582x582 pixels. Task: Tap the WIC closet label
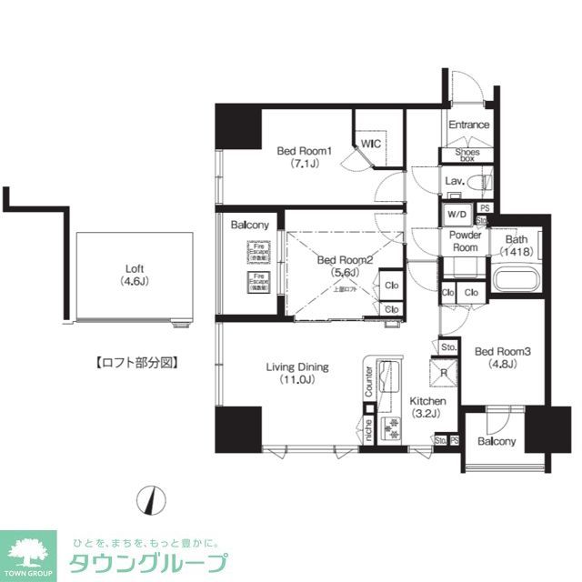[x=371, y=144]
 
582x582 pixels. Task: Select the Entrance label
[x=469, y=125]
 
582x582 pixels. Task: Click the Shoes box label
[x=467, y=156]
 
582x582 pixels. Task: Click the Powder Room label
[x=466, y=241]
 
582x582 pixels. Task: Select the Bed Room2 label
[x=334, y=266]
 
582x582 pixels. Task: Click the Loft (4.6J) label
[x=135, y=275]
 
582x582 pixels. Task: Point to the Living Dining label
[x=297, y=373]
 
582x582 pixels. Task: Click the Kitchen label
[x=426, y=406]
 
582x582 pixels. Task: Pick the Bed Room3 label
[x=496, y=357]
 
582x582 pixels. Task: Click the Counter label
[x=369, y=382]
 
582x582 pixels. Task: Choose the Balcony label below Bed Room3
[x=497, y=442]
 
